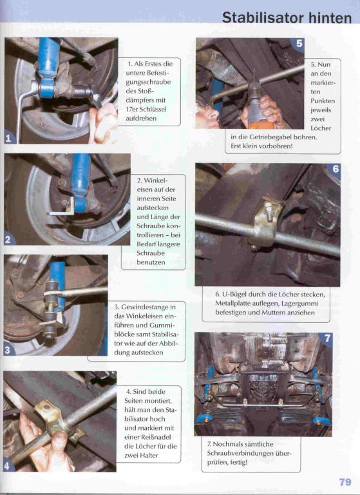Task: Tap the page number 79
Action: pyautogui.click(x=345, y=482)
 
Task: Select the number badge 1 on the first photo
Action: pyautogui.click(x=9, y=138)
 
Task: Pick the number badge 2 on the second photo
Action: pyautogui.click(x=9, y=239)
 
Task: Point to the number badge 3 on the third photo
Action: pyautogui.click(x=8, y=350)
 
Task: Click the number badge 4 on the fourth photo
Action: pyautogui.click(x=8, y=465)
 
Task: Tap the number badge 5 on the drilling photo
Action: pyautogui.click(x=299, y=44)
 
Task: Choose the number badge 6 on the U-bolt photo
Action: pyautogui.click(x=335, y=170)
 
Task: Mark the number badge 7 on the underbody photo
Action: pyautogui.click(x=327, y=338)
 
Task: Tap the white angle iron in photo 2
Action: pyautogui.click(x=63, y=211)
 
